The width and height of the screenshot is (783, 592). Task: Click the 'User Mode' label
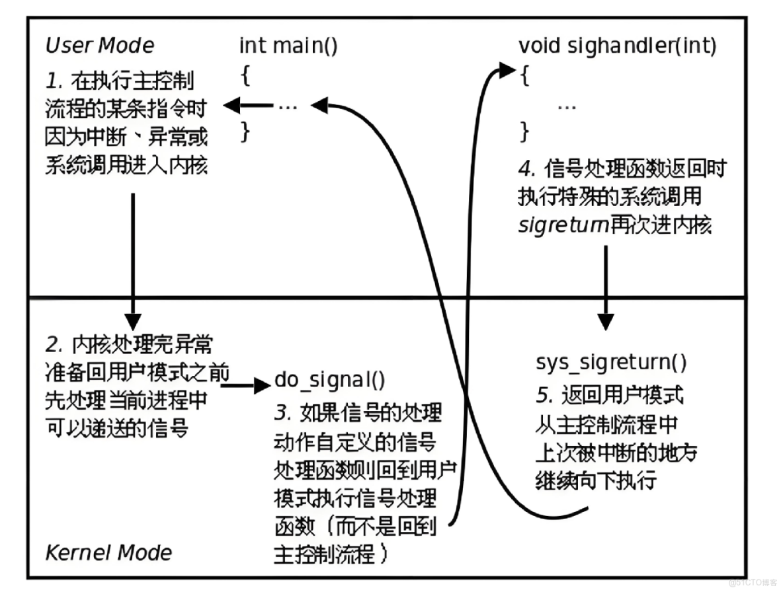99,46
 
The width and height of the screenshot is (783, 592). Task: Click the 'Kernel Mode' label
108,552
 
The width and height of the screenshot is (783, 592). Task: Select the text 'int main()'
288,46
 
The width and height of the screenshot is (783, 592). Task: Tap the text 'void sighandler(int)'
618,46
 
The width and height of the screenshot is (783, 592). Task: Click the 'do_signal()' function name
329,381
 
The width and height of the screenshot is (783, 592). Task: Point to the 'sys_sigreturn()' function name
610,363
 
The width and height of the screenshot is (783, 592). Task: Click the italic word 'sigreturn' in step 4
563,225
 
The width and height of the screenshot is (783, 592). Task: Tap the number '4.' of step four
526,168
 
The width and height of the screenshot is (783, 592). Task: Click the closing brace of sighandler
524,131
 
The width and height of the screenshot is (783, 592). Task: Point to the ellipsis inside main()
287,105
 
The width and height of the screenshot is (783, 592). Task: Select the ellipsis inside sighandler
567,104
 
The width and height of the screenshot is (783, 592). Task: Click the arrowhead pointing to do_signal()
263,384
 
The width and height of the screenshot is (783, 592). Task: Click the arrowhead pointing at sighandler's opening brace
507,69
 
